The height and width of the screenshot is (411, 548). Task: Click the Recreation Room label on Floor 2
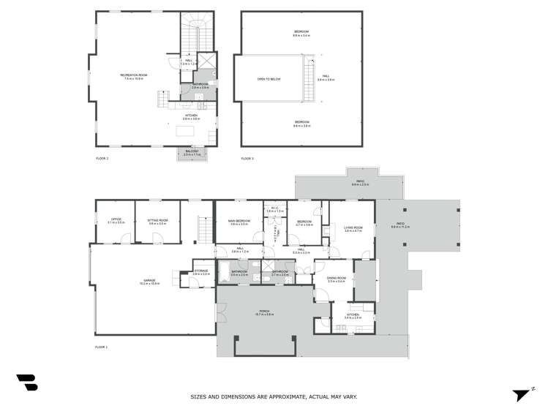tap(134, 76)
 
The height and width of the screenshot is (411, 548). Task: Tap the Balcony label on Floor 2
tap(192, 152)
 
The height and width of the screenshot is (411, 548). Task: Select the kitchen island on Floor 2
tap(186, 132)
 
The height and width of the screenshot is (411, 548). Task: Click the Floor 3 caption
tap(247, 159)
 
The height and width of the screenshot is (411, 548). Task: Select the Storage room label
tap(201, 272)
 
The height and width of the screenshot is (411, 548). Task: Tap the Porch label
tap(265, 312)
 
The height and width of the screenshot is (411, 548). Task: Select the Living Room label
tap(353, 229)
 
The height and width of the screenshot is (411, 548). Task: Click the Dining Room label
tap(336, 279)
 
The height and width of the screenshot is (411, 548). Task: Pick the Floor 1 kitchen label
tap(353, 316)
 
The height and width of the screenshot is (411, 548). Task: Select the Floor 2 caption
tap(102, 159)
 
